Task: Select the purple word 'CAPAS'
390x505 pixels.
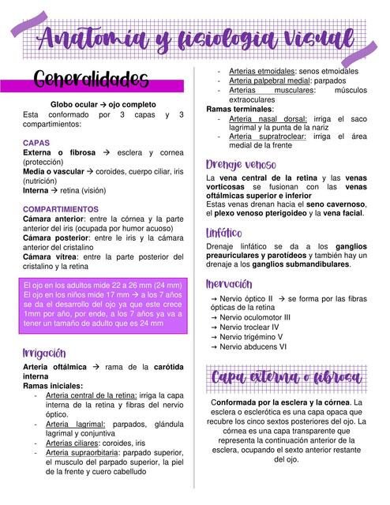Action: (36, 143)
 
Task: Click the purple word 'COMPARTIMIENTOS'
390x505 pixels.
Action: (61, 209)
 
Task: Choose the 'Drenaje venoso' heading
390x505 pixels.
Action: (241, 164)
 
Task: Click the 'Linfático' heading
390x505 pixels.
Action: (224, 234)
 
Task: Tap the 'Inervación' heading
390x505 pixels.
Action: (229, 284)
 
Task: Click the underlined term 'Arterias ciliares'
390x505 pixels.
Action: (76, 443)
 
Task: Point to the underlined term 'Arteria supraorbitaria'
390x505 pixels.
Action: (87, 453)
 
